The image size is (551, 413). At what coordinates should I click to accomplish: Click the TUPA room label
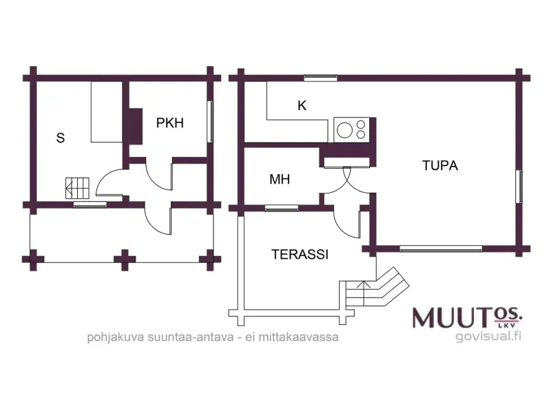coord(440,165)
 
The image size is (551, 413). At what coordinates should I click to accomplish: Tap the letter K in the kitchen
coord(302,105)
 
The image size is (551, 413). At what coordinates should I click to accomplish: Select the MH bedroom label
coord(280,179)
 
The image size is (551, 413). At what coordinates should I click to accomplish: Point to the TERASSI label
coord(300,254)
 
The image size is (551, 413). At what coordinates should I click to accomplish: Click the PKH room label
coord(170,123)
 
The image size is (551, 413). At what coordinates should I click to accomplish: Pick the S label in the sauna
coord(61,138)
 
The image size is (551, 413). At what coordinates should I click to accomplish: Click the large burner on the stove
coord(345,130)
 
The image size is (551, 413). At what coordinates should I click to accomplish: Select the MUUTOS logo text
coord(467,317)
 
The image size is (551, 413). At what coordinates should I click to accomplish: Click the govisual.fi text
coord(488,336)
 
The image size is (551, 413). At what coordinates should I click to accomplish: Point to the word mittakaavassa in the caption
coord(298,337)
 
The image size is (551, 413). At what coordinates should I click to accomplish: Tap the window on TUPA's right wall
coord(519,186)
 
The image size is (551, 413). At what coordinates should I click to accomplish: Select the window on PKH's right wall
coord(210,122)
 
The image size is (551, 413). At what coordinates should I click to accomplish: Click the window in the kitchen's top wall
coord(320,78)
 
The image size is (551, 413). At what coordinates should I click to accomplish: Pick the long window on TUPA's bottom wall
coord(441,248)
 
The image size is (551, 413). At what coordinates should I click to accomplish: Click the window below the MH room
coord(282,209)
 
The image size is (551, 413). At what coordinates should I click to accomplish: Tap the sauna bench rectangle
coord(107,112)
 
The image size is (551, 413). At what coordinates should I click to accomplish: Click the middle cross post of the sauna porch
coord(125,260)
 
